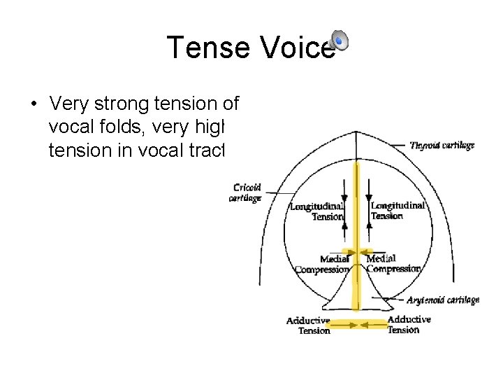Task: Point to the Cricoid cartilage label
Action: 245,192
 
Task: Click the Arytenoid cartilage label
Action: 443,300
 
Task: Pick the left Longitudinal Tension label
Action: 317,211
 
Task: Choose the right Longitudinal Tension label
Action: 397,210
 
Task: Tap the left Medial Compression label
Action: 323,265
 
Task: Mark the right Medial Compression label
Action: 394,263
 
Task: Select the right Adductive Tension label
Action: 409,324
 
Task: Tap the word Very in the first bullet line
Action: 69,105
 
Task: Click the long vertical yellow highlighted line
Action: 357,210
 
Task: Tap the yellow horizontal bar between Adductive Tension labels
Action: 357,324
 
